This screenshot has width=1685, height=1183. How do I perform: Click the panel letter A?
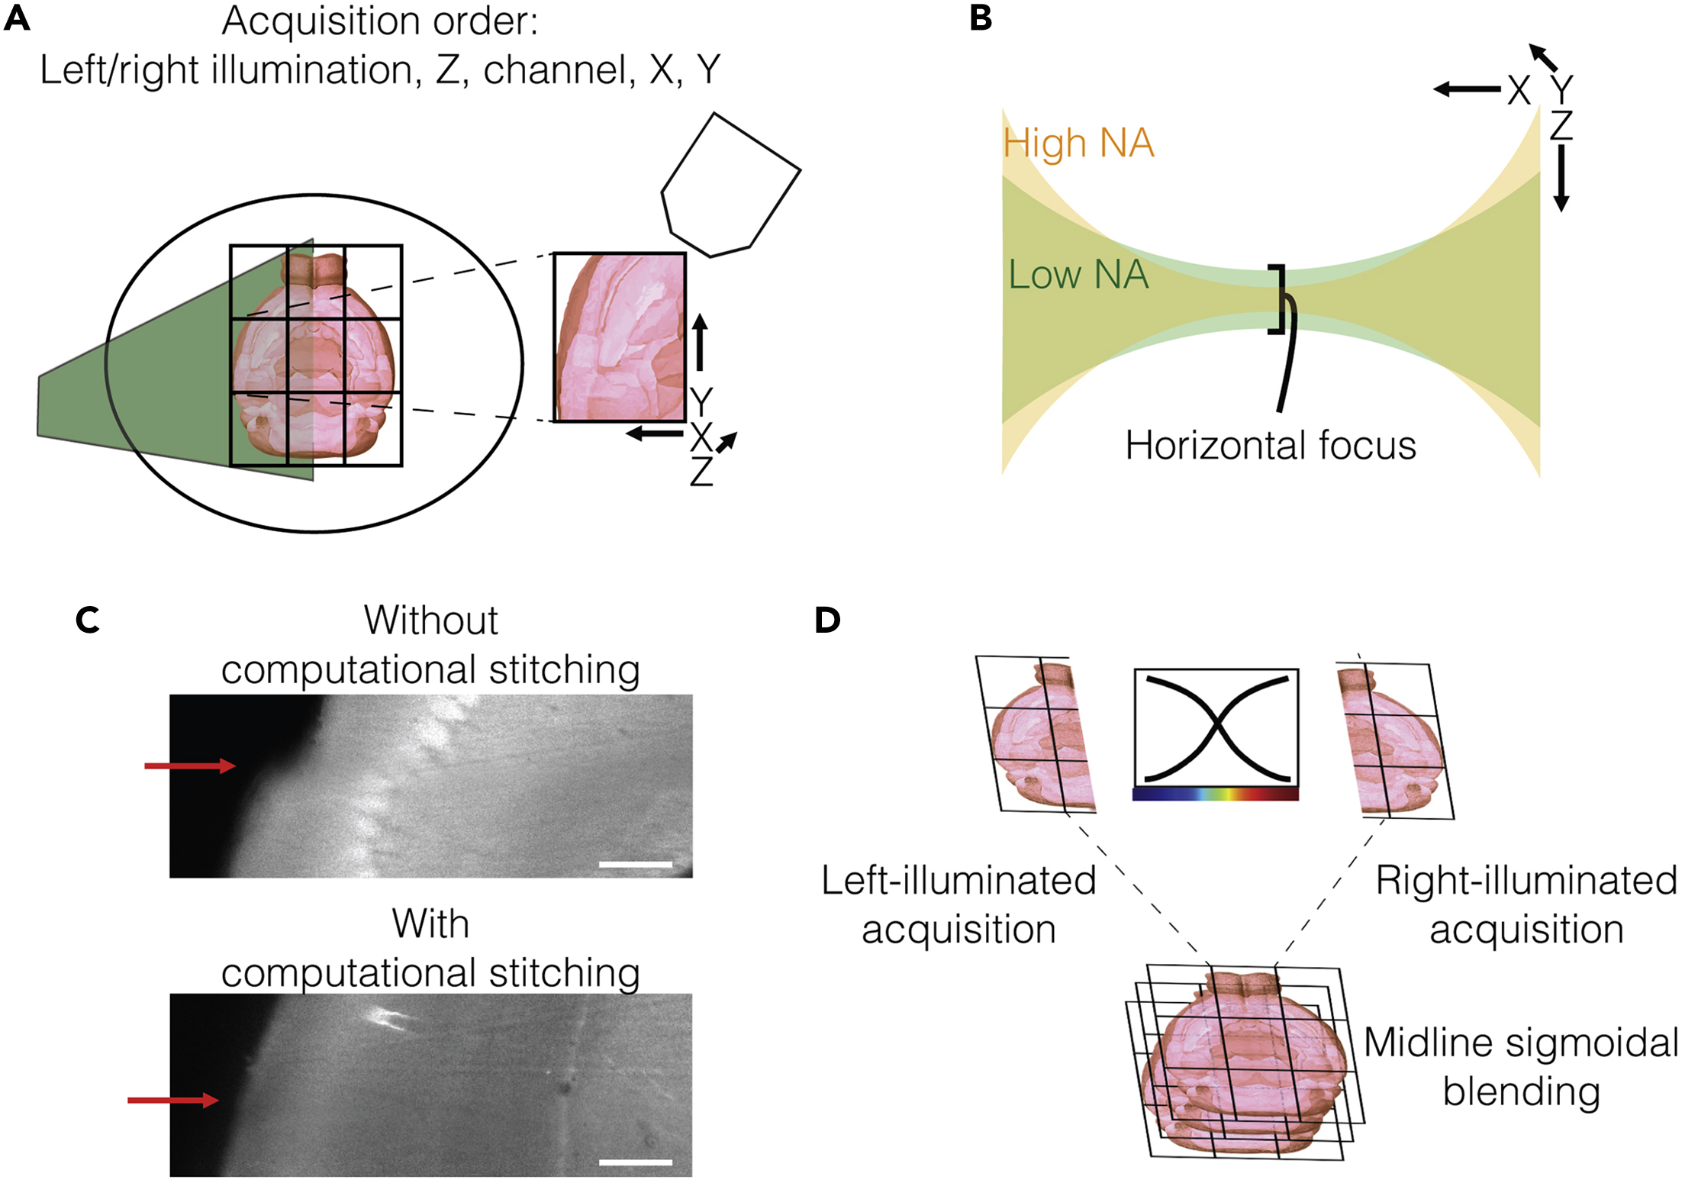coord(17,18)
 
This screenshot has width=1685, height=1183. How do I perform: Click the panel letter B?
coord(981,18)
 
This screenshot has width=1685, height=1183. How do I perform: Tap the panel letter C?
coord(88,620)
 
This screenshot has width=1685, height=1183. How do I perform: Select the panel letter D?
coord(827,620)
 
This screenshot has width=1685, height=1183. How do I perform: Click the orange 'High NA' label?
coord(1078,143)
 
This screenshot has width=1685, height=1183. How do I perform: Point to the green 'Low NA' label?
coord(1078,275)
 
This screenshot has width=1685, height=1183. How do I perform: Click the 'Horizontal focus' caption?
coord(1271,446)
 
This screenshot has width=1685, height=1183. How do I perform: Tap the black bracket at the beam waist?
coord(1277,299)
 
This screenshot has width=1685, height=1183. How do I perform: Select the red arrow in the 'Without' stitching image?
coord(190,766)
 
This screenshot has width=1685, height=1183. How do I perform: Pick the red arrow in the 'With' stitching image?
coord(173,1100)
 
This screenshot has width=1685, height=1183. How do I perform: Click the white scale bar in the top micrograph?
coord(636,865)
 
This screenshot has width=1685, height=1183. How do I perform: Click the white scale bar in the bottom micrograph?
coord(636,1162)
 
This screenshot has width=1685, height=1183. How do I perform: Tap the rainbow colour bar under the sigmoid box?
coord(1215,795)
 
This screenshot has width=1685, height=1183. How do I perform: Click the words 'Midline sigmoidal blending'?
coord(1520,1067)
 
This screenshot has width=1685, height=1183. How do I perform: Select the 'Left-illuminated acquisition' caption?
coord(958,905)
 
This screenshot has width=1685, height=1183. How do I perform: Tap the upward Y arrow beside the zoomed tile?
coord(700,343)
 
